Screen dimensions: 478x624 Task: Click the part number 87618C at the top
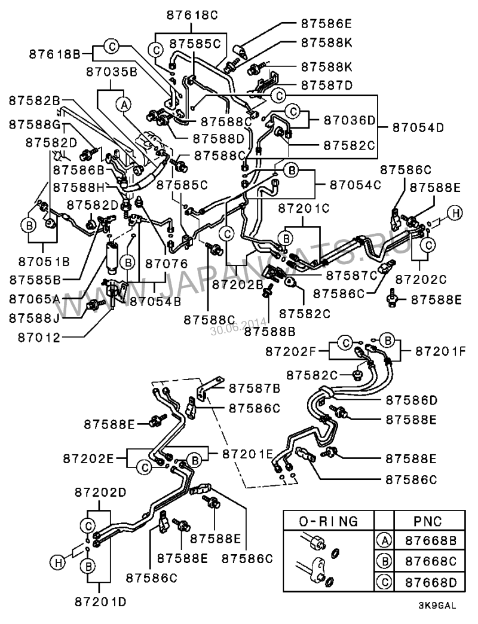192,15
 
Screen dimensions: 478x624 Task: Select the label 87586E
326,23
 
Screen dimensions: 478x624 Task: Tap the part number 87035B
112,72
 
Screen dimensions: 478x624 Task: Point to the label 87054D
418,127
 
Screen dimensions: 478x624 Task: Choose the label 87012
39,338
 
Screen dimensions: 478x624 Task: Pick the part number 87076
166,264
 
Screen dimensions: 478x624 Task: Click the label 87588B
269,331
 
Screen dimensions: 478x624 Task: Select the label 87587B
255,388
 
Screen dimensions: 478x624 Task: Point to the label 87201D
100,601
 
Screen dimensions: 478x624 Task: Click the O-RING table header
329,521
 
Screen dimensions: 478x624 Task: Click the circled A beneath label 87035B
124,105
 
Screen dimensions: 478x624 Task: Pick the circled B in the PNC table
385,561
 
